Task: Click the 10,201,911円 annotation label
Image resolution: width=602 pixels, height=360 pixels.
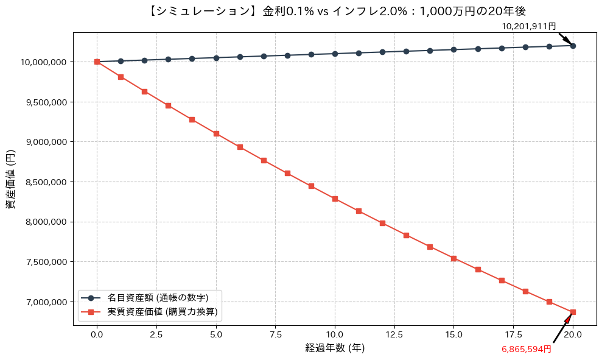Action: [528, 26]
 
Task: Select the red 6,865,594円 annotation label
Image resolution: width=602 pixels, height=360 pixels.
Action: [526, 349]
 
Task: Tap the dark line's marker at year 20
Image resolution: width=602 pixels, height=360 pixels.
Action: [573, 46]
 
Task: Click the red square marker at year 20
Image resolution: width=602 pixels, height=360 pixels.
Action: [573, 312]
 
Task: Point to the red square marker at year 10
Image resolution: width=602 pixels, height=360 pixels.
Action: [335, 199]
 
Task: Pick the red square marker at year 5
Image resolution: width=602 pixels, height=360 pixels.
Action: [216, 133]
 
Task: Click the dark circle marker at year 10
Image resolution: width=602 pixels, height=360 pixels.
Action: [335, 54]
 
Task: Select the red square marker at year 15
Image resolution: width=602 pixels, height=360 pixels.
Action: [453, 258]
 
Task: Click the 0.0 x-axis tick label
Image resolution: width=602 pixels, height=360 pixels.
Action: [97, 334]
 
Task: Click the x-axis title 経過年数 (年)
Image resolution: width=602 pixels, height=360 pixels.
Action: [335, 348]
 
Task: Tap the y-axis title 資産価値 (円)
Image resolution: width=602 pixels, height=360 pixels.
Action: [10, 180]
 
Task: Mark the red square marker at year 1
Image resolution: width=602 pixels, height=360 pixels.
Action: [121, 77]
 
